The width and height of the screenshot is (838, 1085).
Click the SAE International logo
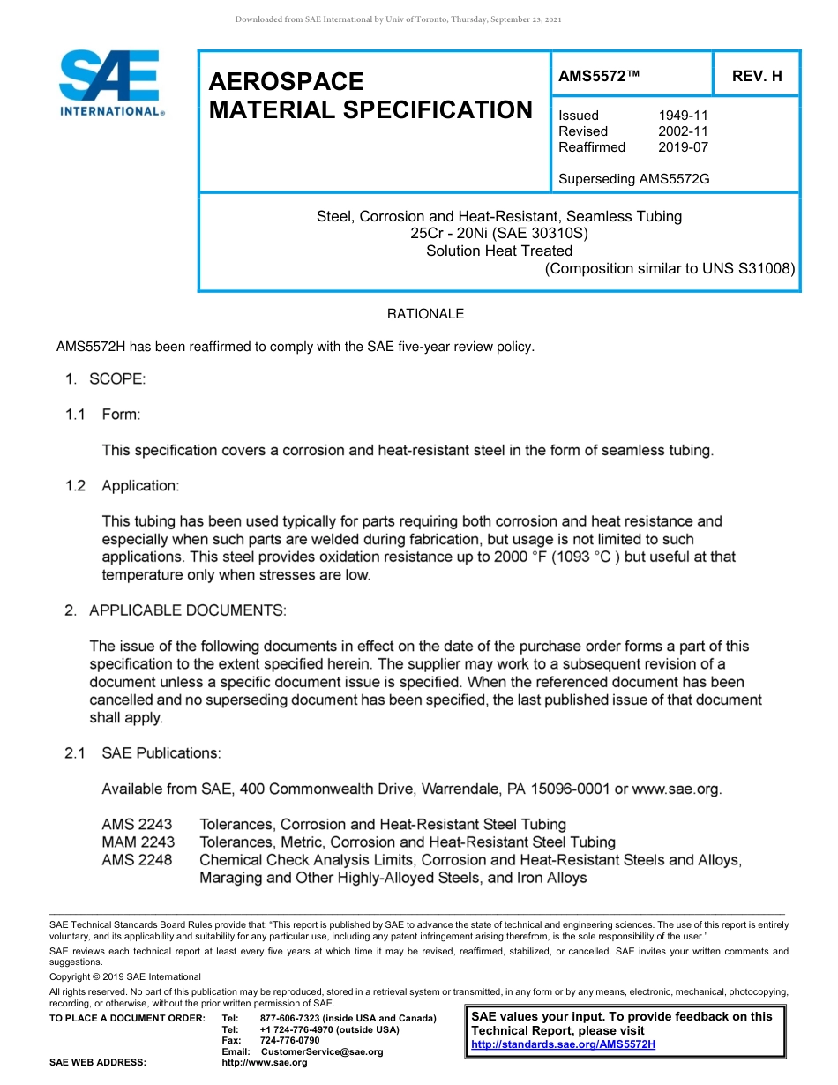[x=110, y=83]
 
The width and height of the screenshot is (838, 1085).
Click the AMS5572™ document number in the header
[x=598, y=76]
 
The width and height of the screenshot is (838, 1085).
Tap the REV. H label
[x=757, y=76]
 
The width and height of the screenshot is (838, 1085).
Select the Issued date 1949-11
[x=683, y=116]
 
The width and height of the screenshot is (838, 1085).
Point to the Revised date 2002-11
[x=683, y=131]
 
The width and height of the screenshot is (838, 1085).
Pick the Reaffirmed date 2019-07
[x=683, y=147]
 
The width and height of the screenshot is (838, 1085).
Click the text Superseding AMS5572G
[x=633, y=179]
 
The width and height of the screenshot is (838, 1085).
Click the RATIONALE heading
[x=425, y=314]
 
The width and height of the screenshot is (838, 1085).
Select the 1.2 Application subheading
[x=123, y=486]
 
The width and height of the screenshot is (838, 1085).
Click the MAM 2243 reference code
[x=138, y=842]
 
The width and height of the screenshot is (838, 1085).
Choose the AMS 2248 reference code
[x=137, y=860]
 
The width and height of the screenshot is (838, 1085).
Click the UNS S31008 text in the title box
[x=748, y=269]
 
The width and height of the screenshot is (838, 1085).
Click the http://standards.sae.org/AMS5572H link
[x=563, y=1045]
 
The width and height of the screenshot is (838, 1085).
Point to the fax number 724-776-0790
[x=289, y=1041]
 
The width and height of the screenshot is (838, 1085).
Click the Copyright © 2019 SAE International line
[x=125, y=976]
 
